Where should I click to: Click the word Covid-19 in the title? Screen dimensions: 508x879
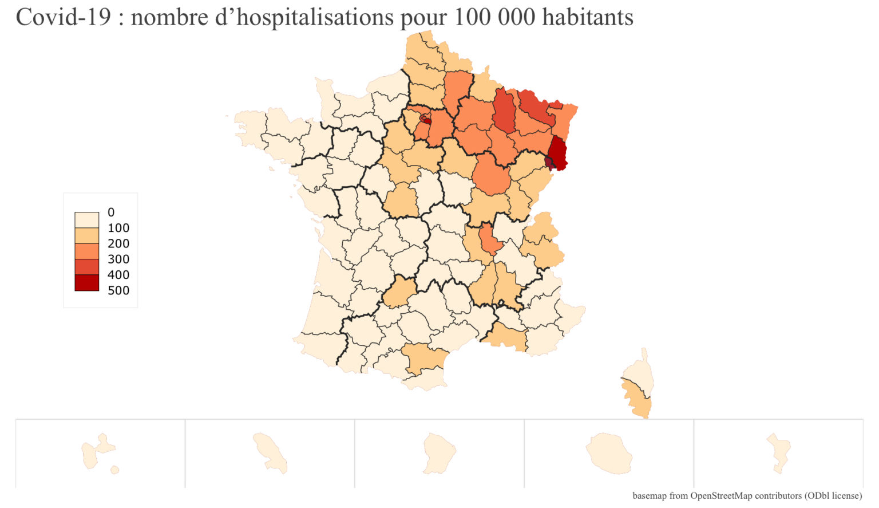coord(63,17)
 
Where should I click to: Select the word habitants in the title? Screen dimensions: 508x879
coord(588,17)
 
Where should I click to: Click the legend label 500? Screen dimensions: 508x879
coord(118,290)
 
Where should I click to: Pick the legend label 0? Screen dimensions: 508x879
coord(111,212)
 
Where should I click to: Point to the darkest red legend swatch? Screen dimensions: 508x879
coord(86,283)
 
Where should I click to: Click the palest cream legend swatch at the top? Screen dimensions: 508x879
coord(86,220)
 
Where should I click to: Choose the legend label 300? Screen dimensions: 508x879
coord(118,259)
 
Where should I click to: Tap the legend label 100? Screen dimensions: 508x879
coord(118,228)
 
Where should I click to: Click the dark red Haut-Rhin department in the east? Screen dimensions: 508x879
coord(558,152)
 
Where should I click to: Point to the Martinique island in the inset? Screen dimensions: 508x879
coord(269,452)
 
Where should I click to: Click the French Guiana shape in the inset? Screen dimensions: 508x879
coord(439,452)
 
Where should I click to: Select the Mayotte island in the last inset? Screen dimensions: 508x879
coord(779,452)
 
